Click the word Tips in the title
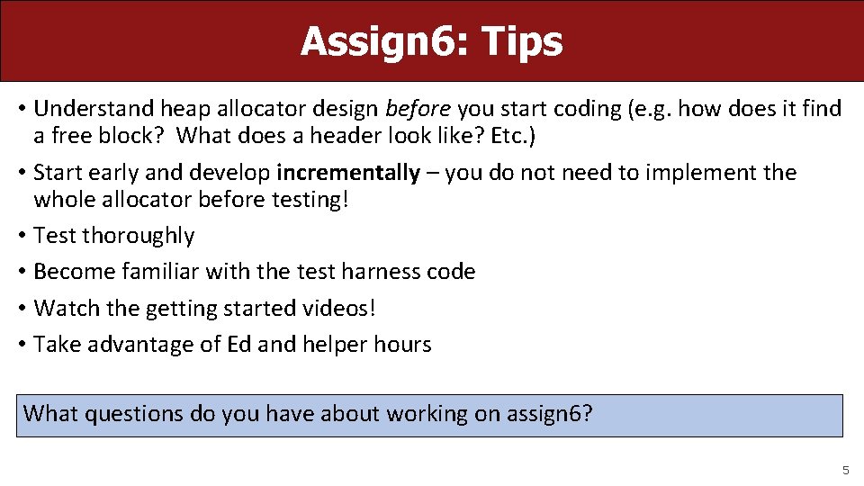point(522,41)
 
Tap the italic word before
point(418,110)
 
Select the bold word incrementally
point(348,173)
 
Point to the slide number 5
point(845,470)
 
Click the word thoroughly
point(138,236)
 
